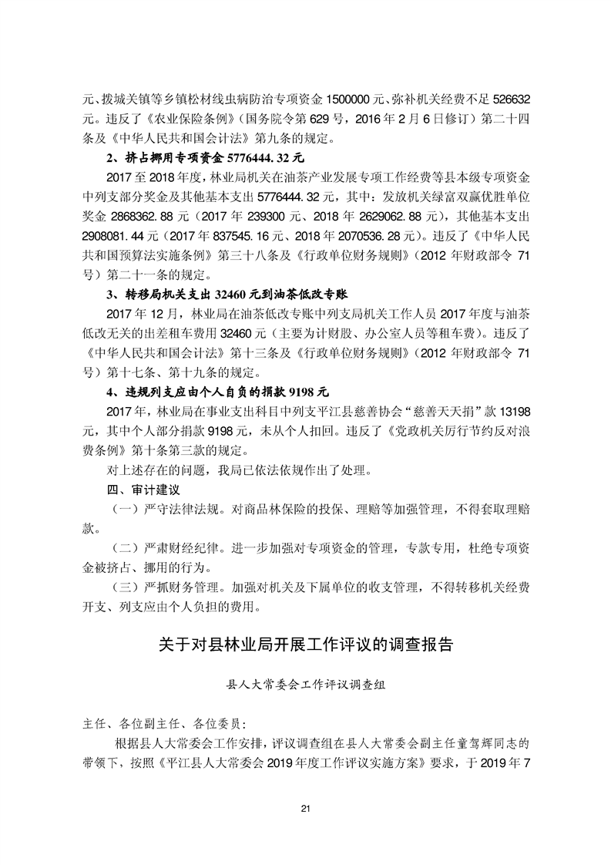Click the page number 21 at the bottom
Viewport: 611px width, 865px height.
(x=305, y=808)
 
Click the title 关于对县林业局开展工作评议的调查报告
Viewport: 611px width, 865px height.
(x=305, y=643)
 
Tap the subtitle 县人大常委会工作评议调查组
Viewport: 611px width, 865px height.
(x=305, y=683)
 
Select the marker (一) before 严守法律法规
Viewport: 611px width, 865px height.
(x=124, y=510)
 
